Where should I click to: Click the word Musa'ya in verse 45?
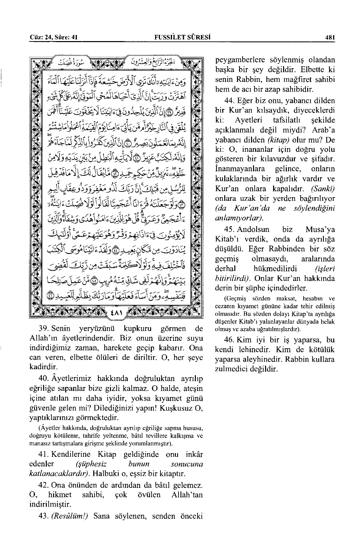(x=320, y=230)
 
